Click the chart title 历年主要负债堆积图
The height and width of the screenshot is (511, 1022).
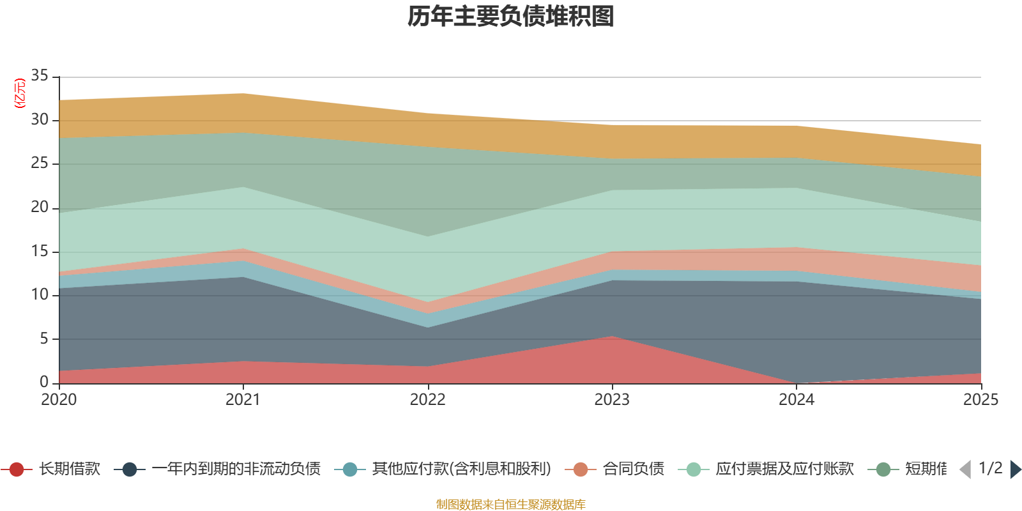(511, 17)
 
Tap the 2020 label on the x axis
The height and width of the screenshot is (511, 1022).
(59, 400)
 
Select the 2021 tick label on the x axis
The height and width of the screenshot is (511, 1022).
(243, 400)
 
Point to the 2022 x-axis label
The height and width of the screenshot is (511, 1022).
(427, 400)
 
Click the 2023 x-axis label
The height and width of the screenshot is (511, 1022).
(612, 400)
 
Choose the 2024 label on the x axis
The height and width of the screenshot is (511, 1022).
(796, 400)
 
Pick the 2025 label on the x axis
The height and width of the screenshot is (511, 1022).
(980, 400)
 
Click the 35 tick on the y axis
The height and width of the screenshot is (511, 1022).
(40, 76)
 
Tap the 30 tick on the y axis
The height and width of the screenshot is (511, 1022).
(40, 120)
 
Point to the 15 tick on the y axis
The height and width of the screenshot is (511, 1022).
(40, 251)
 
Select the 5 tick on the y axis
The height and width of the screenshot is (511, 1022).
(44, 339)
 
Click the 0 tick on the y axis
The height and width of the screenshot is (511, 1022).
(44, 382)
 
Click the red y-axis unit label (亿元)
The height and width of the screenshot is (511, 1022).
(20, 93)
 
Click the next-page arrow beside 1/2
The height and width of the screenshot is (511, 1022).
(1015, 469)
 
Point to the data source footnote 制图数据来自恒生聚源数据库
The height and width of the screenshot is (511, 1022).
(511, 505)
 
